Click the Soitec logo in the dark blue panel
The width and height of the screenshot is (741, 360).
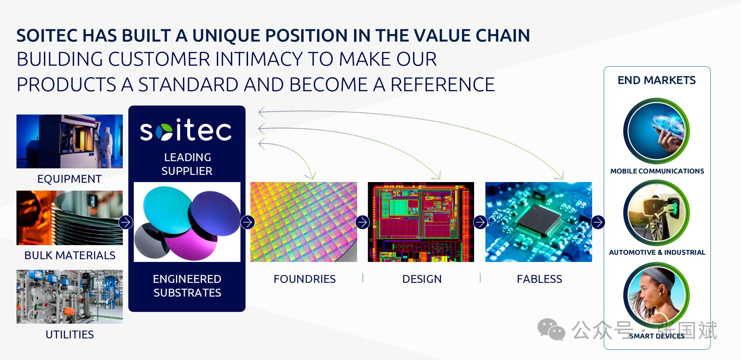click(186, 130)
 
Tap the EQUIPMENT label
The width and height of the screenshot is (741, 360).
click(69, 179)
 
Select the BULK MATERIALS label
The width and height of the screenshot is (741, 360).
click(70, 255)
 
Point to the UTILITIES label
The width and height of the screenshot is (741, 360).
click(70, 335)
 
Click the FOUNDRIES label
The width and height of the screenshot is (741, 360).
click(305, 279)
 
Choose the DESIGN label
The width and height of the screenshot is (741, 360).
click(422, 279)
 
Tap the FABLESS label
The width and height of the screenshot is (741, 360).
click(539, 279)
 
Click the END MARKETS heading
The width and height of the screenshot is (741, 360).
click(657, 80)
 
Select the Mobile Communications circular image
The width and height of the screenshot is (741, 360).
click(657, 131)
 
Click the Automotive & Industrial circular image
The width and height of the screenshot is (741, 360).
click(657, 213)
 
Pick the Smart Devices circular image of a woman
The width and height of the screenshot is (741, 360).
click(657, 295)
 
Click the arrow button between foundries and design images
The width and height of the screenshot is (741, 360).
click(363, 222)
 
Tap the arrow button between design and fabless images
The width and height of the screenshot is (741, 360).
click(480, 222)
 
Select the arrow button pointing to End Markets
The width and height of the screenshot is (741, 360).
click(598, 222)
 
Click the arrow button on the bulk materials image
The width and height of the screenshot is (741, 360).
click(126, 222)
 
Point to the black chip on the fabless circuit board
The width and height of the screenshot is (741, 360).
click(538, 219)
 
